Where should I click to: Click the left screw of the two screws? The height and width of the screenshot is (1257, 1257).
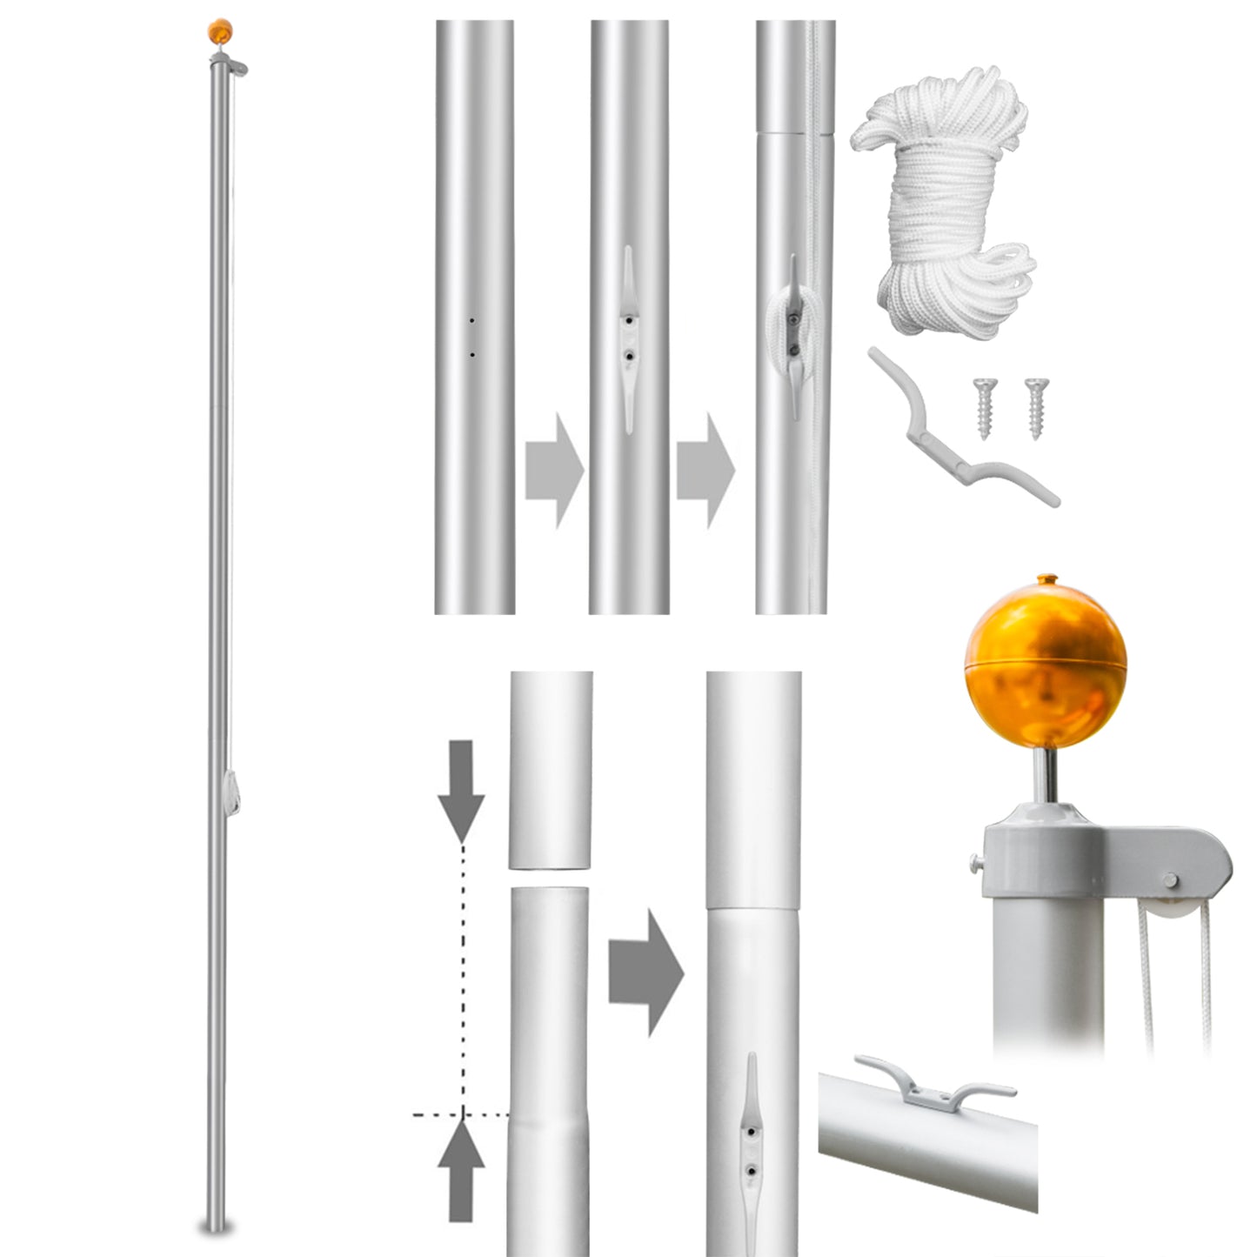[x=985, y=407]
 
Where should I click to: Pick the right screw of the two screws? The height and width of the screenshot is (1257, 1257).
[x=1036, y=406]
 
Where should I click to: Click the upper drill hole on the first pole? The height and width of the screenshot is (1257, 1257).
[x=472, y=321]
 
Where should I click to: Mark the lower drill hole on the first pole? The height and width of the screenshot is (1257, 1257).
[x=472, y=354]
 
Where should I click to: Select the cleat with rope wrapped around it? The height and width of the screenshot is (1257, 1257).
[x=792, y=335]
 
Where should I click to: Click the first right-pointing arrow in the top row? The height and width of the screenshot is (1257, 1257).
[x=554, y=470]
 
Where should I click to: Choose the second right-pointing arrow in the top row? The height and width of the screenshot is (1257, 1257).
[x=705, y=470]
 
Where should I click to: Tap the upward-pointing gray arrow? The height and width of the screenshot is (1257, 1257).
[x=461, y=1169]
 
